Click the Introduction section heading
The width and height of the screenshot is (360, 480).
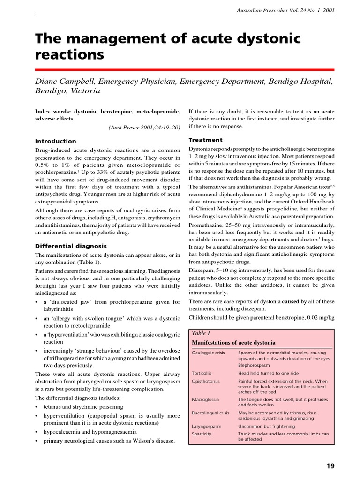[x=56, y=141]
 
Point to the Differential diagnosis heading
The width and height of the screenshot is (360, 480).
[x=71, y=246]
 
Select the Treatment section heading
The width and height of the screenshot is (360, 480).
[x=205, y=140]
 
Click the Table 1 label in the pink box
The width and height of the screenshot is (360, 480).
[x=200, y=333]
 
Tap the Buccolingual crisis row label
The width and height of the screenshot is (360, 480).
[x=210, y=413]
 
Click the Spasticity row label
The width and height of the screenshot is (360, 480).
[x=202, y=434]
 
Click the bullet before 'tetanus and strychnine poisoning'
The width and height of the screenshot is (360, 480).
[x=37, y=407]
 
